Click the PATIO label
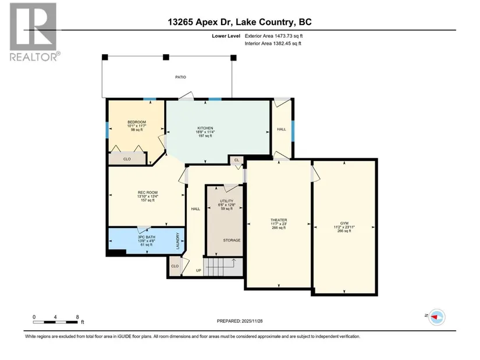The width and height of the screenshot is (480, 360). (180, 77)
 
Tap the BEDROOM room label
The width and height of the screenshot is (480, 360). (137, 122)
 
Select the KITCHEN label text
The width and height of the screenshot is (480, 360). (205, 129)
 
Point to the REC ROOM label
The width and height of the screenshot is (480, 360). (148, 193)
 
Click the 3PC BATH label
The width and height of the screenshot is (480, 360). (146, 237)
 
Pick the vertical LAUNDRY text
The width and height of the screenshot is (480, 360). (177, 241)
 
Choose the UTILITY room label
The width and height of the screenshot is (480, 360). (226, 201)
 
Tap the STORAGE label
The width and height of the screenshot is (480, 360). (232, 240)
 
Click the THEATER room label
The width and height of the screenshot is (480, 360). (279, 220)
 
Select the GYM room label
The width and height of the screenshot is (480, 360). (344, 223)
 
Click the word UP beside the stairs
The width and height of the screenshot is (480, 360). (198, 270)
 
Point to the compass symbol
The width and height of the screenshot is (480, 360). (437, 317)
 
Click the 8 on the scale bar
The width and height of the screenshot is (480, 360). (77, 317)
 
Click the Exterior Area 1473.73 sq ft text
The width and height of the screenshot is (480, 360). (273, 36)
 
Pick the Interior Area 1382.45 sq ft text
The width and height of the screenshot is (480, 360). (273, 44)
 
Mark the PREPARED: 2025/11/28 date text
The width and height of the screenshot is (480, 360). (240, 321)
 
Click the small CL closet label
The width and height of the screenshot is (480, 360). (237, 160)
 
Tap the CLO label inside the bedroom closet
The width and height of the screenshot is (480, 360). (127, 159)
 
